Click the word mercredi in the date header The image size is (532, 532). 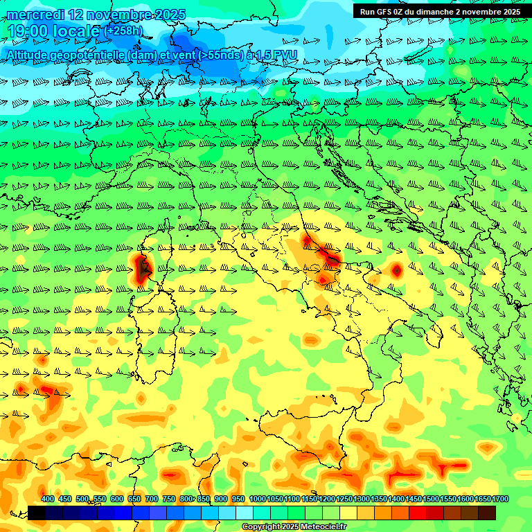point(36,15)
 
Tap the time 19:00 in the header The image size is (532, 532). point(32,30)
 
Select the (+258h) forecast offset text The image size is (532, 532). point(123,30)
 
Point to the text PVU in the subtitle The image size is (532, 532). point(285,55)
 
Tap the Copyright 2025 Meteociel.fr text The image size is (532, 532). point(294,527)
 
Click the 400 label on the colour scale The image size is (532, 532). point(48,499)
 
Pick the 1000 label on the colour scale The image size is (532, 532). point(257,499)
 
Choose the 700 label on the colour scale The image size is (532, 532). point(152,499)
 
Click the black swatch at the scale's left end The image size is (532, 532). point(37,513)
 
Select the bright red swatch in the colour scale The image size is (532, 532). point(418,513)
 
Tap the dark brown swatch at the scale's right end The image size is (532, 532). point(487,513)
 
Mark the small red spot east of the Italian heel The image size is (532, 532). point(396,270)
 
